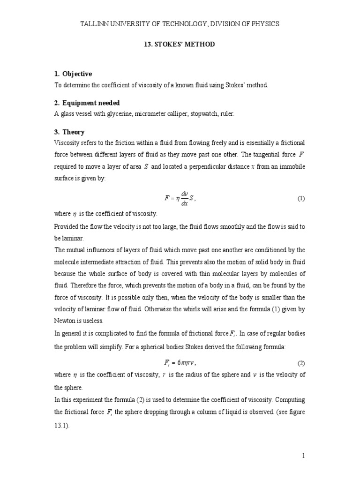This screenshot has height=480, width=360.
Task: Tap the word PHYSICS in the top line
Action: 262,24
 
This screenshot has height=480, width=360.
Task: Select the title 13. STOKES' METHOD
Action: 180,44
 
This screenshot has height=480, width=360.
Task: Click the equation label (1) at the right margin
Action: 301,199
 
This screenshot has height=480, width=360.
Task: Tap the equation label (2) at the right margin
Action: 301,364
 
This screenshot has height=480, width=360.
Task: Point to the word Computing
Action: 290,399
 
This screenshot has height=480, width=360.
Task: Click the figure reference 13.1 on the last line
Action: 62,425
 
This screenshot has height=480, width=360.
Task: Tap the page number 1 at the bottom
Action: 304,455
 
